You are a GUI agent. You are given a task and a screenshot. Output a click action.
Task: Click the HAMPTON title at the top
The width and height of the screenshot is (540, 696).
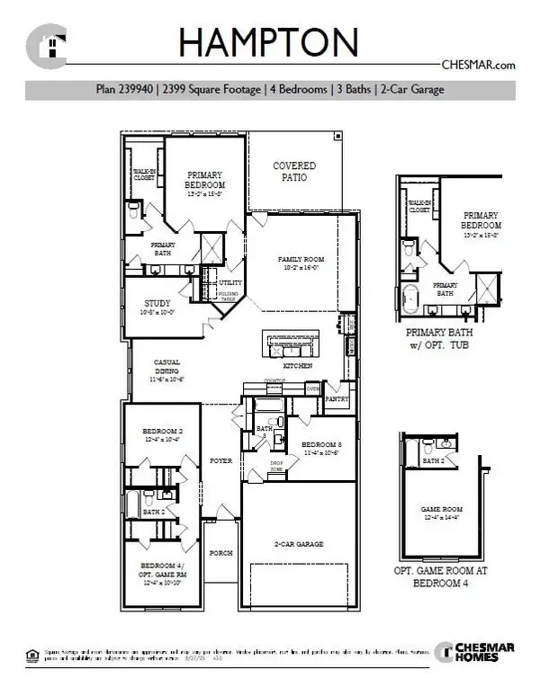pyautogui.click(x=268, y=42)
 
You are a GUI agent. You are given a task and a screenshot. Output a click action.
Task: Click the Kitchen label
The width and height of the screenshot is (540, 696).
pyautogui.click(x=298, y=367)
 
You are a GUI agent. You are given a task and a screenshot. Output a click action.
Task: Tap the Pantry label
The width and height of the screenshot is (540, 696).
pyautogui.click(x=337, y=396)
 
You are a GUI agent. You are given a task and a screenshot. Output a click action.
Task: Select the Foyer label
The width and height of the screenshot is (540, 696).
pyautogui.click(x=220, y=460)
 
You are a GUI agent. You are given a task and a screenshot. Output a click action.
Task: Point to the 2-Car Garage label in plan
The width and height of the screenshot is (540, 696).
pyautogui.click(x=299, y=544)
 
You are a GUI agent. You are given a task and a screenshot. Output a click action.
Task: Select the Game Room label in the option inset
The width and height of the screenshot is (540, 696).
pyautogui.click(x=443, y=513)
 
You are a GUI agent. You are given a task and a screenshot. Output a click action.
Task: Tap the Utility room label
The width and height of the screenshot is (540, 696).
pyautogui.click(x=229, y=282)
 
